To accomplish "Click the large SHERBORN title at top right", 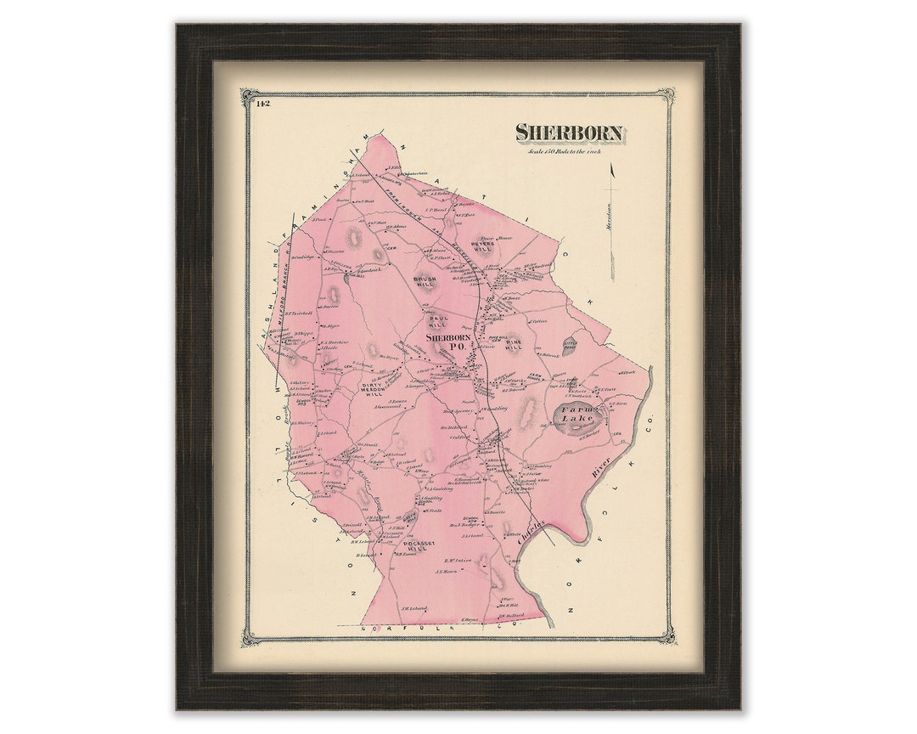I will click(570, 133).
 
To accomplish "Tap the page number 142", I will click(262, 104).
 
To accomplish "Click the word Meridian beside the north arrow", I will click(609, 226).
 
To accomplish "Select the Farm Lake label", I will click(580, 415).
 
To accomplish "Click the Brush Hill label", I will click(425, 281).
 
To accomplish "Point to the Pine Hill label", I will click(514, 344).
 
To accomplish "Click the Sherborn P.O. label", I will click(449, 342).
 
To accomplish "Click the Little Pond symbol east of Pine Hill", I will click(571, 346).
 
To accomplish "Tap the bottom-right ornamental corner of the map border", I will click(667, 635).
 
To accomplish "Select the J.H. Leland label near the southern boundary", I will click(415, 608).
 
